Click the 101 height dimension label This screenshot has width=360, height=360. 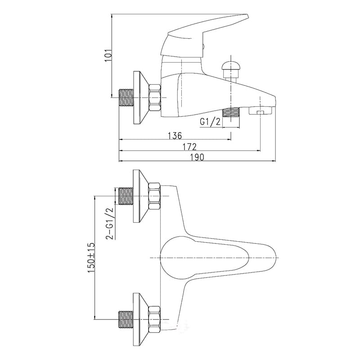point(108,55)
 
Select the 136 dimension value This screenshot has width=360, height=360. point(175,136)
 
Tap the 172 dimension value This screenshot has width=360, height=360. point(189,147)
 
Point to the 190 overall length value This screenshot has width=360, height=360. point(197,157)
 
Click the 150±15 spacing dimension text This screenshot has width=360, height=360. point(91,257)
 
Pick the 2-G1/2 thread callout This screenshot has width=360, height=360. point(109,223)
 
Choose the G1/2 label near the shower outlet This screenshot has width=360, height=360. point(210,121)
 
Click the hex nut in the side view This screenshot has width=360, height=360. point(154,98)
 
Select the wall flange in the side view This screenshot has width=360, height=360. point(140,98)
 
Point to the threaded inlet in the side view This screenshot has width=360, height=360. point(126,98)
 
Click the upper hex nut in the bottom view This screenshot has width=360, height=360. point(154,196)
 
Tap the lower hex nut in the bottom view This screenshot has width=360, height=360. point(154,319)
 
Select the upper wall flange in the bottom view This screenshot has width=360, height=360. point(140,196)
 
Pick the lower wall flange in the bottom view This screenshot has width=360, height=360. point(140,319)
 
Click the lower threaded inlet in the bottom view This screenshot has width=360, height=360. point(126,319)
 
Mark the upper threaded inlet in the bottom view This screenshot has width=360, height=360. point(126,196)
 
